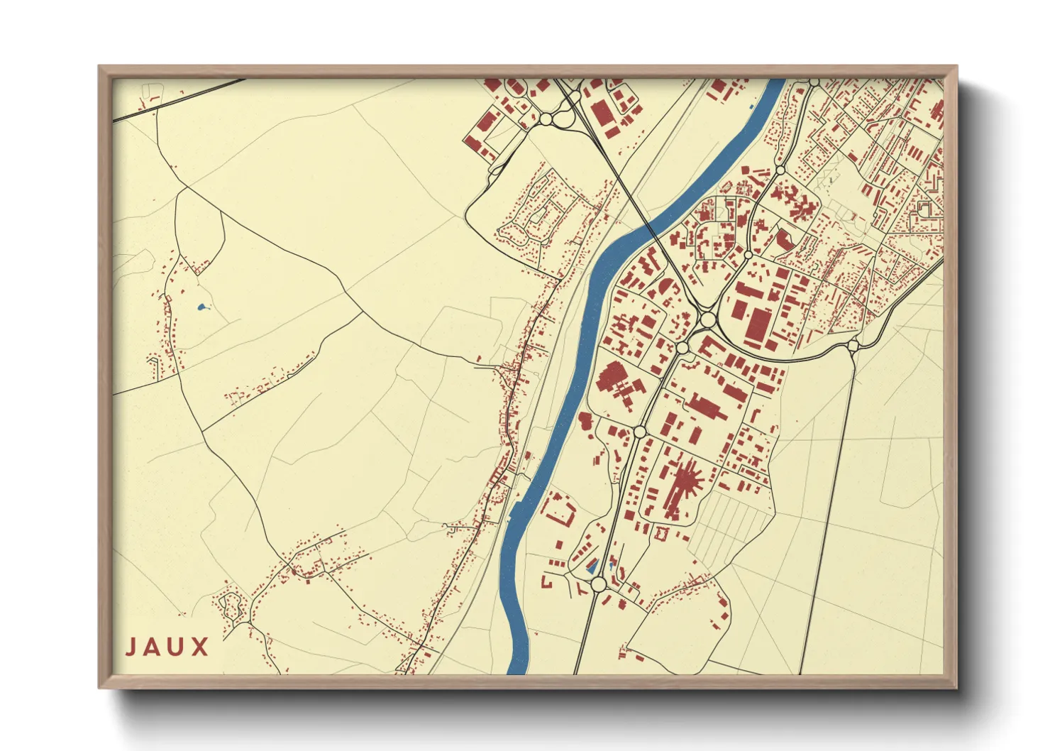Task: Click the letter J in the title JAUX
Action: [x=131, y=647]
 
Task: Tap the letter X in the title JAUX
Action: [x=199, y=647]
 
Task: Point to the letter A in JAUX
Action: [x=153, y=647]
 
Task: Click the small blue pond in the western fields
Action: [x=201, y=307]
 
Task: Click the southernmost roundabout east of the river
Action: [x=598, y=583]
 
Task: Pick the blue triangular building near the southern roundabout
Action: [x=593, y=566]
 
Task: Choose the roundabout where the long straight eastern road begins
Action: [x=853, y=346]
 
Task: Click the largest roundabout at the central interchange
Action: [x=707, y=320]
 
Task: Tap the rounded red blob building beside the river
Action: [x=585, y=420]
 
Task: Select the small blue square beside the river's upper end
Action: [x=751, y=106]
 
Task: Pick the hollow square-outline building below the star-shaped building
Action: [x=663, y=532]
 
